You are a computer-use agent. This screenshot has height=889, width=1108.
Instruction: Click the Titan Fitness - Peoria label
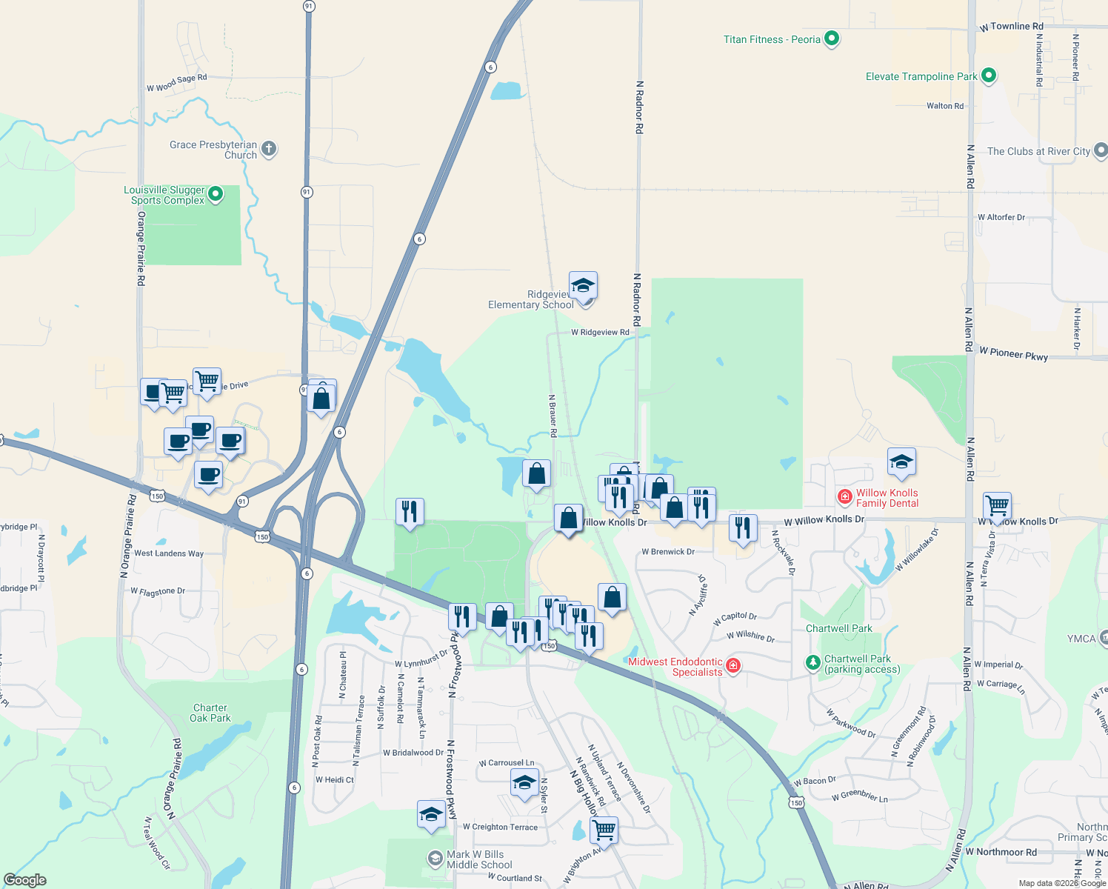tap(772, 39)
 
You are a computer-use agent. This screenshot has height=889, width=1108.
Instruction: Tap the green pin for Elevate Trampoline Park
tap(989, 76)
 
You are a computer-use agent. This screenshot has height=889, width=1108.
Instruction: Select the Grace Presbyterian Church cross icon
tap(269, 149)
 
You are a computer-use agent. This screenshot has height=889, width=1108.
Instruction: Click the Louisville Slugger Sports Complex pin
tap(216, 194)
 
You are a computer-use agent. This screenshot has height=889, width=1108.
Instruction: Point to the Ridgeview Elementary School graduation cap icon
tap(583, 285)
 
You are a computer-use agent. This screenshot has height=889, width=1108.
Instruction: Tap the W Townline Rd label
tap(1011, 27)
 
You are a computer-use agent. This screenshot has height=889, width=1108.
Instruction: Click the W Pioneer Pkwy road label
tap(1013, 354)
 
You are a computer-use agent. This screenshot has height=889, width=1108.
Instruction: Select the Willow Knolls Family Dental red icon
tap(844, 496)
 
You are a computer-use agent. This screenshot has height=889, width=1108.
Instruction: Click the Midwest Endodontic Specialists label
tap(675, 667)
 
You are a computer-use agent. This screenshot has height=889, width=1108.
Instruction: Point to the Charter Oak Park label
tap(210, 713)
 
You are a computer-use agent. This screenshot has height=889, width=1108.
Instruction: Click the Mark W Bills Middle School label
tap(479, 859)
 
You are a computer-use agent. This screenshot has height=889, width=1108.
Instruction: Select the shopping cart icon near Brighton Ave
tap(604, 830)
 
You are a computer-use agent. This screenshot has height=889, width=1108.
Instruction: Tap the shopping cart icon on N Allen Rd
tap(997, 506)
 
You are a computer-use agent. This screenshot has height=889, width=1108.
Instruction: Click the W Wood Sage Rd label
tap(177, 83)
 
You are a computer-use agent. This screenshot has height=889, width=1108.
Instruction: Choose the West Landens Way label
tap(169, 553)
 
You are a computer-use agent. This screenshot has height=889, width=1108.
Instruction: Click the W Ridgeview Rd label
tap(600, 333)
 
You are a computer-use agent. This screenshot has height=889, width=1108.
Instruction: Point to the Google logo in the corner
tap(25, 880)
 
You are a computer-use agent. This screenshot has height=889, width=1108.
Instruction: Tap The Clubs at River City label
tap(1038, 151)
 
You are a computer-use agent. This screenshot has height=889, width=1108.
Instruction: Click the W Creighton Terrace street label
tap(500, 827)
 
